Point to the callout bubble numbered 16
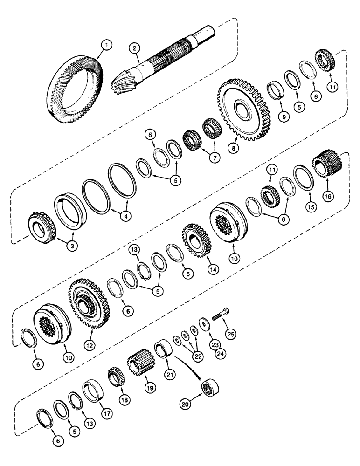click(328, 197)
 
